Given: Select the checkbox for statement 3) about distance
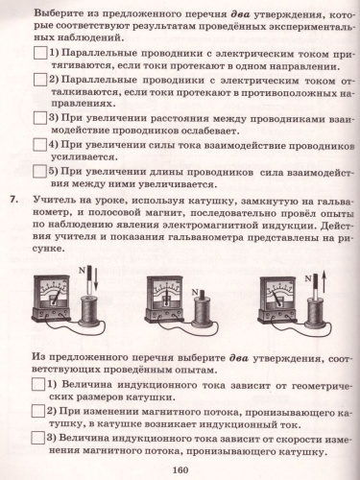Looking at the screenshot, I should point(40,119).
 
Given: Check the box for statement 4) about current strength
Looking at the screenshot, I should point(40,146).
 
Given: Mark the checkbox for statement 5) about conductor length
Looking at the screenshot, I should point(40,172).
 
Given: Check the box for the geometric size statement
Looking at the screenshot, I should point(40,385).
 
